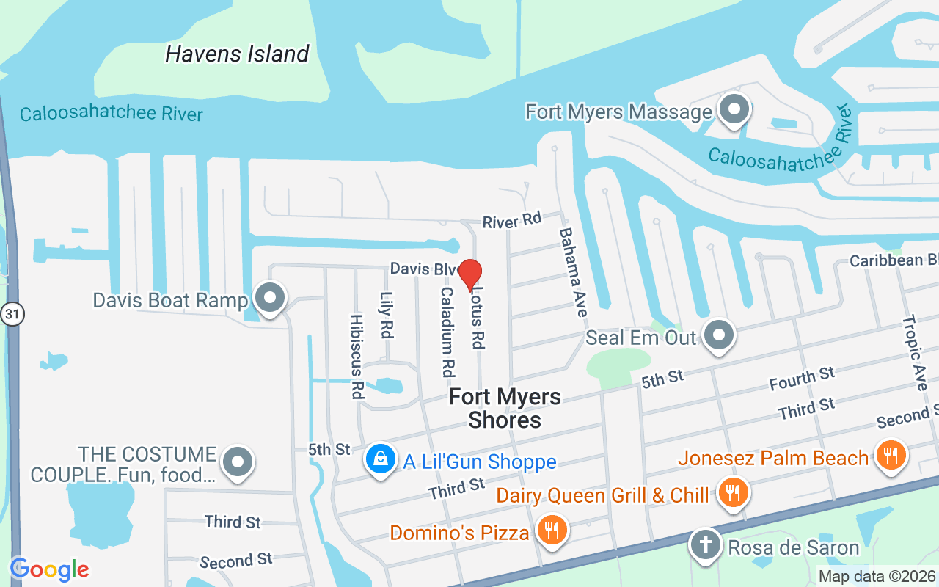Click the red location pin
tap(470, 274)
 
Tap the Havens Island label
tap(237, 54)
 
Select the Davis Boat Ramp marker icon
tap(270, 299)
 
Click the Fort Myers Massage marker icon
tap(733, 111)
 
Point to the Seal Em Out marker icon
tap(719, 336)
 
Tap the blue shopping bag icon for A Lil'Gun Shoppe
tap(380, 460)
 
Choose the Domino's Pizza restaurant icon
tap(550, 531)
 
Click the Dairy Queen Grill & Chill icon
tap(731, 493)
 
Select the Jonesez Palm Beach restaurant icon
tap(891, 456)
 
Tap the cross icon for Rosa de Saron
tap(705, 547)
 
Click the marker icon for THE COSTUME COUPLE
tap(238, 463)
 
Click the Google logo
tap(49, 569)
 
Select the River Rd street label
tap(511, 219)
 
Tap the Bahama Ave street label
tap(574, 271)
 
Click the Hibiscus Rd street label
tap(357, 357)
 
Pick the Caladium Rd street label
tap(447, 332)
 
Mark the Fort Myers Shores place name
tap(505, 408)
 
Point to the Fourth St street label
tap(802, 379)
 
